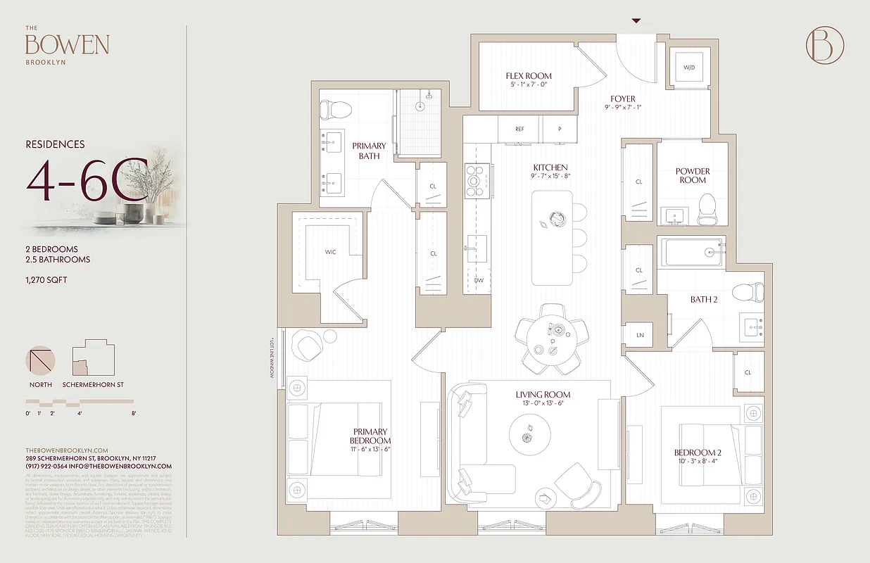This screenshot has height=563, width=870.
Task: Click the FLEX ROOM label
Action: [529, 75]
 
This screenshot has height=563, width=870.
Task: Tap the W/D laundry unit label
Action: [688, 68]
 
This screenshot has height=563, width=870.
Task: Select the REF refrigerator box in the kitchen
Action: [519, 129]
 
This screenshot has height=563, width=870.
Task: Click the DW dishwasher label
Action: [479, 280]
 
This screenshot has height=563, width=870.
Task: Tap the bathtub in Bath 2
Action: [691, 251]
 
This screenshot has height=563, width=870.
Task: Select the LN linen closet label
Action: [640, 335]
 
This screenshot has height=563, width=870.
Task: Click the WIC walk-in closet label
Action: [330, 251]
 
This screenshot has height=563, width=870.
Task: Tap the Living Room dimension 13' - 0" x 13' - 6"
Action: [543, 403]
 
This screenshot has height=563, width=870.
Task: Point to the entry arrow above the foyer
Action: [636, 21]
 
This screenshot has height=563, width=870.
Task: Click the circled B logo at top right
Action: [824, 44]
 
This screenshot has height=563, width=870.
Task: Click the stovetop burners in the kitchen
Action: [477, 180]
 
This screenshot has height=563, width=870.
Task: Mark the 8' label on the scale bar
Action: [132, 414]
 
